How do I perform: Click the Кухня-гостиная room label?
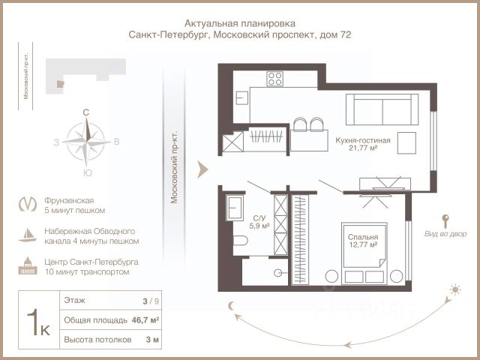363,140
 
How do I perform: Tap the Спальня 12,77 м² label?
363,241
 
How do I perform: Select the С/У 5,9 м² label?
259,222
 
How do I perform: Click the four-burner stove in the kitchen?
274,78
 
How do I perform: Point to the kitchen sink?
241,98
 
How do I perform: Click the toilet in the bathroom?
240,241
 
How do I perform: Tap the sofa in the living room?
382,109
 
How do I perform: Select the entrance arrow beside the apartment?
202,169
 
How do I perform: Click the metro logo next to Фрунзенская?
28,204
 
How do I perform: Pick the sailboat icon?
28,235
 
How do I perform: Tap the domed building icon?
28,265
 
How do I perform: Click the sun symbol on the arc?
455,289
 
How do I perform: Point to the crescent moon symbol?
232,305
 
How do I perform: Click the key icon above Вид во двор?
445,221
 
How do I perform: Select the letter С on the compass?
86,112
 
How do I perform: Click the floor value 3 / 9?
151,301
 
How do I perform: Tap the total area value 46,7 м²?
145,320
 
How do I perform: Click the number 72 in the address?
345,34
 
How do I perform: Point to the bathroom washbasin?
235,208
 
